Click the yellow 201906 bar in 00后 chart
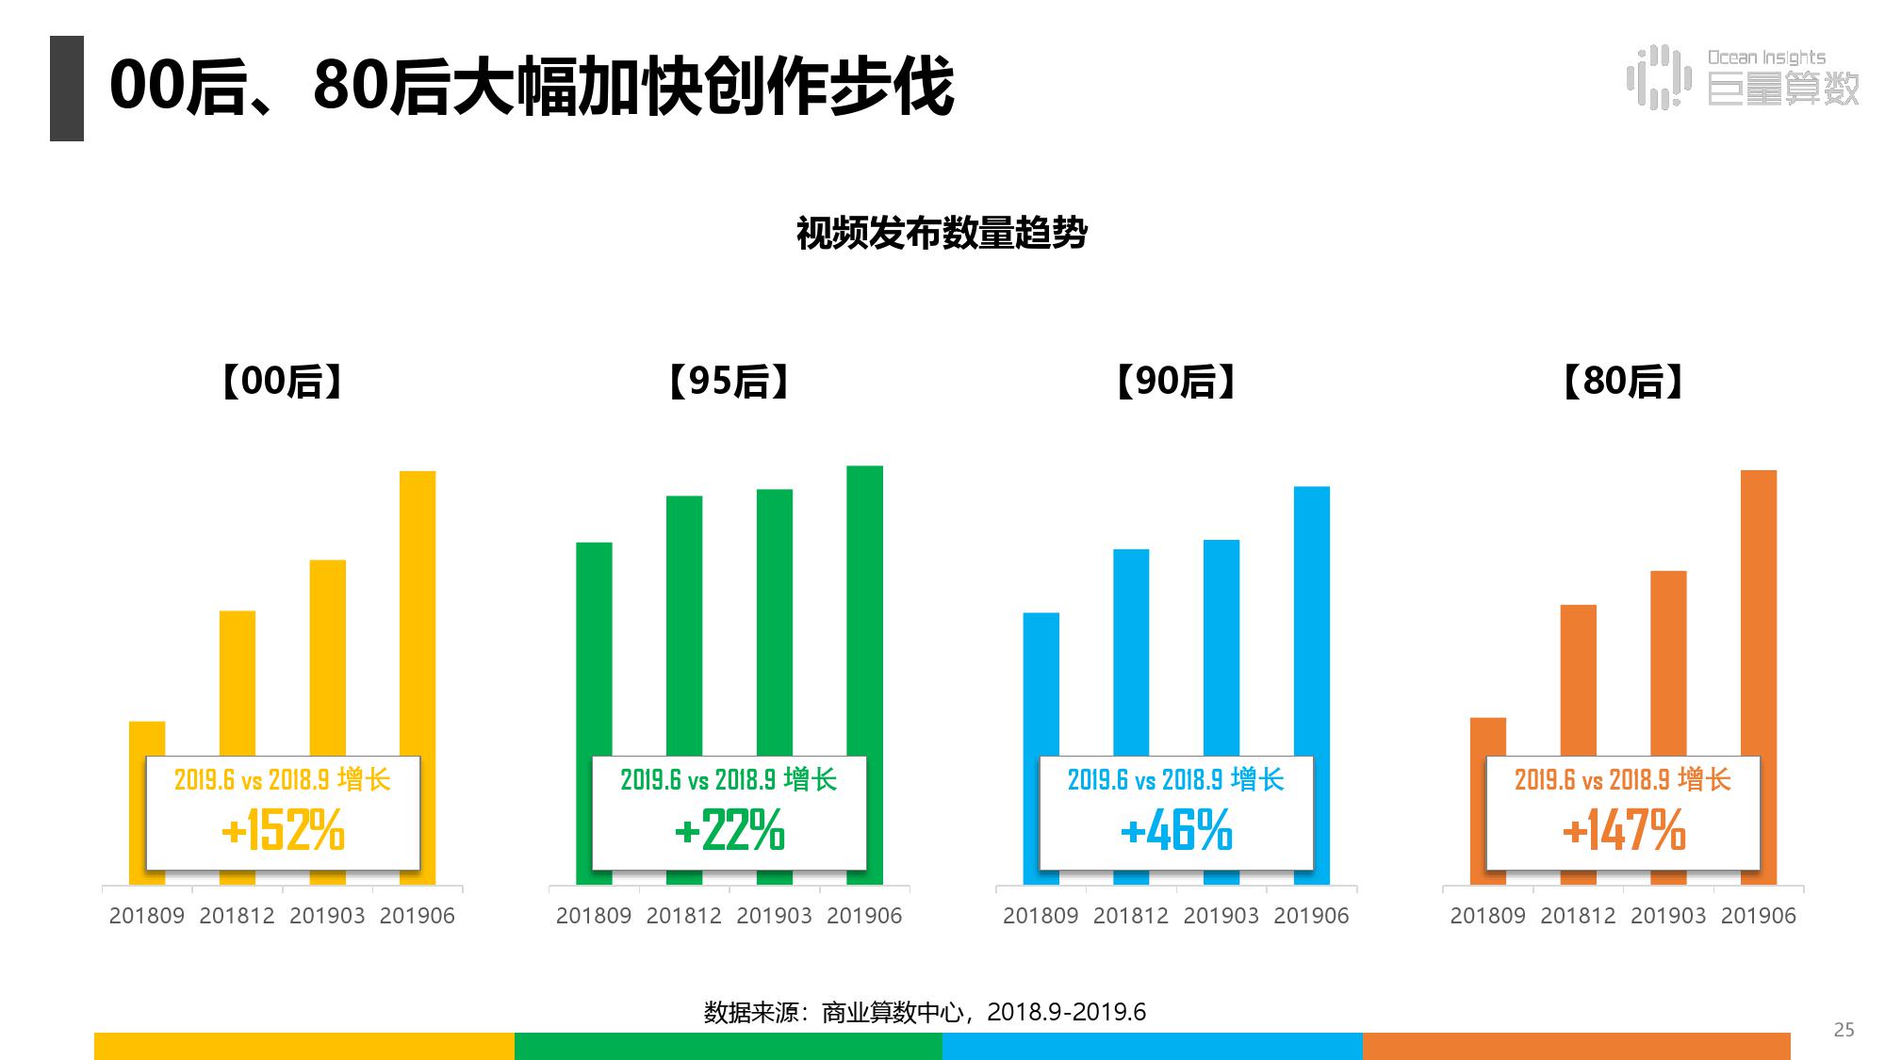click(x=418, y=612)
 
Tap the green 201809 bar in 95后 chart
click(x=594, y=650)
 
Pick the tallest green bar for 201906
click(x=864, y=612)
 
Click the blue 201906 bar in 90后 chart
click(x=1311, y=622)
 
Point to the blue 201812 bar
click(x=1131, y=650)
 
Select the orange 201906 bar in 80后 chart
click(x=1758, y=612)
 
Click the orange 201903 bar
click(x=1668, y=660)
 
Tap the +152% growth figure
click(x=283, y=831)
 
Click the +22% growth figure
click(x=729, y=831)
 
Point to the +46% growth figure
click(x=1176, y=831)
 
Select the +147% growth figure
click(x=1623, y=831)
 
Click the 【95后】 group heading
click(x=729, y=382)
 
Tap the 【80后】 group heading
click(x=1623, y=382)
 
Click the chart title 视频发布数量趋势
click(x=942, y=233)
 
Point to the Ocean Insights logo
click(x=1743, y=77)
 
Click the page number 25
click(x=1844, y=1030)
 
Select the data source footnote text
click(x=925, y=1012)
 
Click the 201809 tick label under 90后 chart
click(x=1041, y=916)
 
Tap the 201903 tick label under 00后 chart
click(x=327, y=916)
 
